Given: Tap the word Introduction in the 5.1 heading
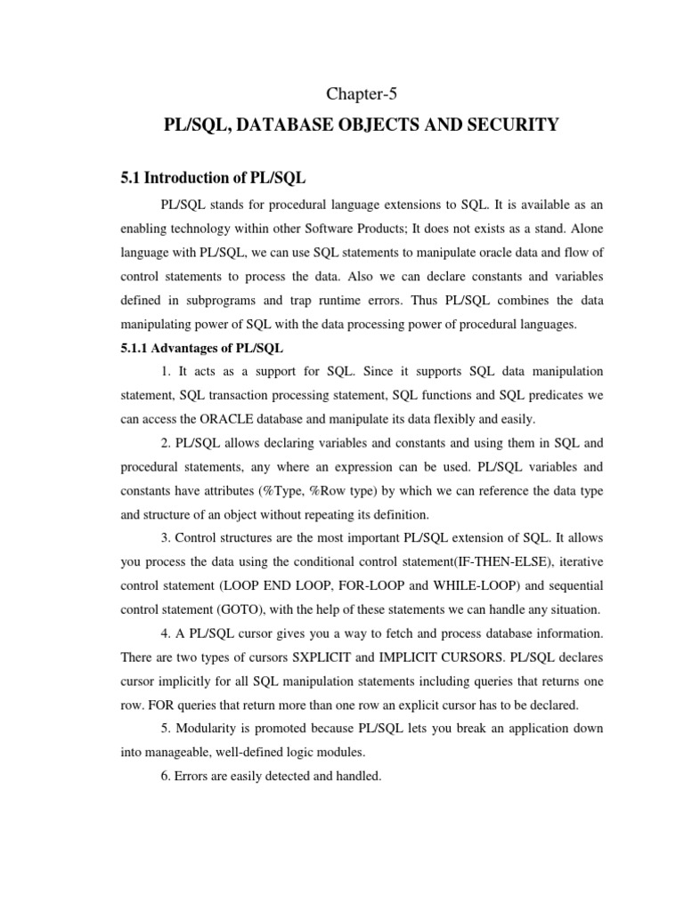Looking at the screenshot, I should (x=190, y=179).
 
